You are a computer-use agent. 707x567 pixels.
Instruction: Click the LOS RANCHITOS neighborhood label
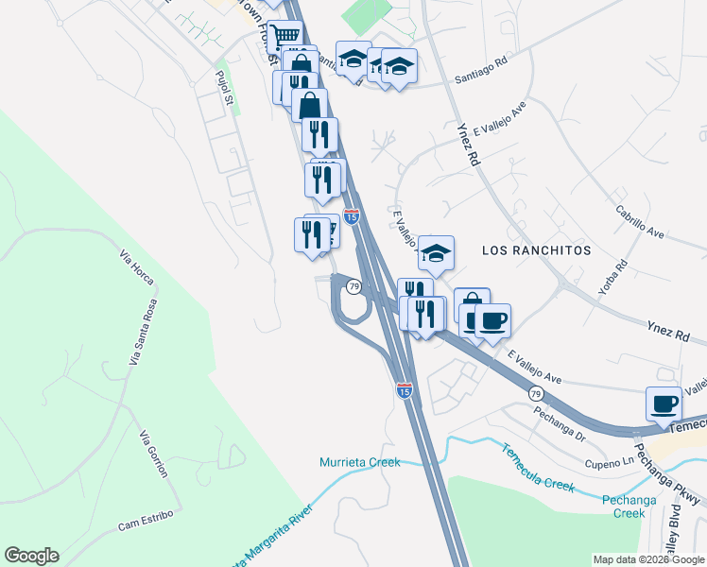[536, 250]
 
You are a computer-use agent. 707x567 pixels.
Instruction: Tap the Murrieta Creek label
[359, 462]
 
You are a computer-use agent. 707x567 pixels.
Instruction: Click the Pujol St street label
[223, 89]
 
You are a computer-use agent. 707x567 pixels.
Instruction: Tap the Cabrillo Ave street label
[640, 222]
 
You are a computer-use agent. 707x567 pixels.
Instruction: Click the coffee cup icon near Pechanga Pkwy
[664, 404]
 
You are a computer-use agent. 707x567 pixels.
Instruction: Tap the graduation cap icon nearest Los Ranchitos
[436, 253]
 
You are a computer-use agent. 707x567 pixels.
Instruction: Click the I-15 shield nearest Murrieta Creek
[404, 389]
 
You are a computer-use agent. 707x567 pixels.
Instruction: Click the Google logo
[31, 556]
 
